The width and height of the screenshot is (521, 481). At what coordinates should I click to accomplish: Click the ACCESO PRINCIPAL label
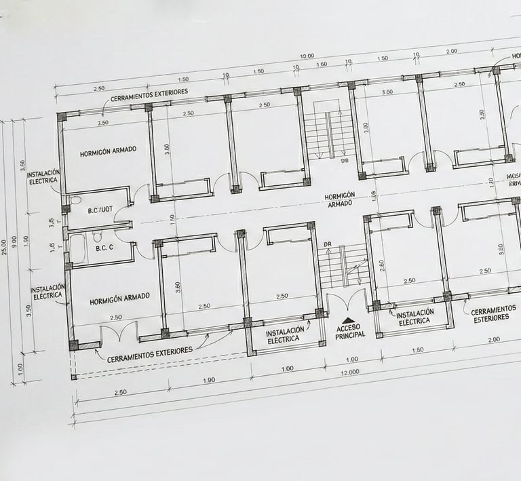349,330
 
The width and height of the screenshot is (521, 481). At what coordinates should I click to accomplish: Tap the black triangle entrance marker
348,320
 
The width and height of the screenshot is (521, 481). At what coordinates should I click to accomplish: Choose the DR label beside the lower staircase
328,244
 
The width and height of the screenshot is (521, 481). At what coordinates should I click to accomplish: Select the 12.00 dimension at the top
307,56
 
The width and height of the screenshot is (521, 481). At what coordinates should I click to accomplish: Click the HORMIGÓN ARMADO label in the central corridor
340,199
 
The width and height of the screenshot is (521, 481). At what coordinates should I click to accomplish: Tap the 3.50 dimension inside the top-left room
103,123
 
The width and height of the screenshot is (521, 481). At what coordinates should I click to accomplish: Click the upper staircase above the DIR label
329,133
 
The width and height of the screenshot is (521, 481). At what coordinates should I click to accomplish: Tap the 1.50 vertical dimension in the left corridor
172,219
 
